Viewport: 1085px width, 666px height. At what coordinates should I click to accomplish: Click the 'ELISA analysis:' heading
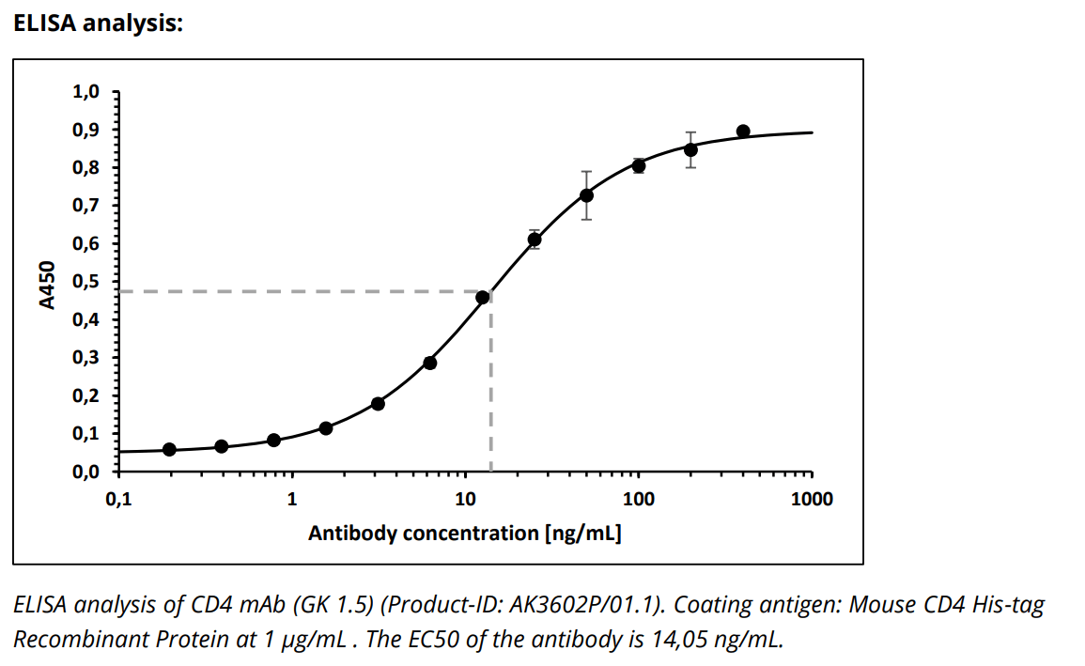(97, 23)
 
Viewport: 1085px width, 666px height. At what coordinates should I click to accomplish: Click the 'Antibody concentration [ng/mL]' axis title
(464, 534)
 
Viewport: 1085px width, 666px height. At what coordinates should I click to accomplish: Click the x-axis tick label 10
(465, 499)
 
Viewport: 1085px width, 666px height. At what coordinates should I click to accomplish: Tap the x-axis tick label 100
(639, 499)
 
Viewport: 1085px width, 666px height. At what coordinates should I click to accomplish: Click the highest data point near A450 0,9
(743, 132)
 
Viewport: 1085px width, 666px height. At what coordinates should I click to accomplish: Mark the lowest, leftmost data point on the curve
(169, 449)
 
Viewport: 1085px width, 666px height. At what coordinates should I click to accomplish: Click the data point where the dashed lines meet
(483, 298)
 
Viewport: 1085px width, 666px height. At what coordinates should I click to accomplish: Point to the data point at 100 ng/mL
(639, 166)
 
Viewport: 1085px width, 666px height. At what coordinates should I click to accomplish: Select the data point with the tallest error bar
(586, 195)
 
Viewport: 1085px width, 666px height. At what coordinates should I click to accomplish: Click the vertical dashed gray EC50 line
(491, 395)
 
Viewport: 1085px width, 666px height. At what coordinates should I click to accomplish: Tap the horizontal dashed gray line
(282, 291)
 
